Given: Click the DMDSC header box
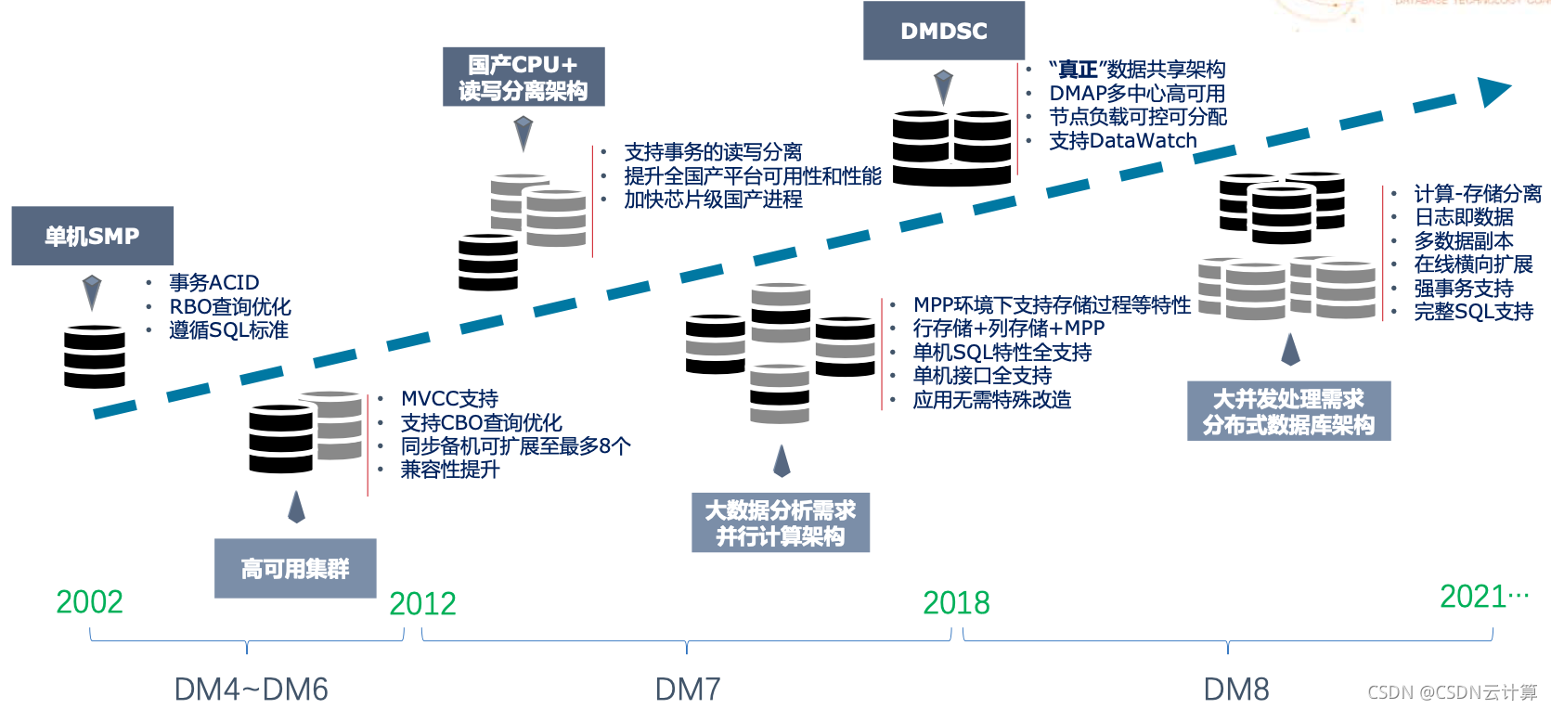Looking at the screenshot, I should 944,31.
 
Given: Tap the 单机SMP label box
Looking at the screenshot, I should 92,236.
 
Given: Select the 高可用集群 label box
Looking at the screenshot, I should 295,568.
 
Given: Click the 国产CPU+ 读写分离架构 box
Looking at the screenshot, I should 523,77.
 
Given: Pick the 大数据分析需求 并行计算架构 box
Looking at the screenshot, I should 781,522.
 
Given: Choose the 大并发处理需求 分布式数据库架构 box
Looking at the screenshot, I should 1288,411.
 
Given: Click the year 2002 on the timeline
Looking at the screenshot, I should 89,602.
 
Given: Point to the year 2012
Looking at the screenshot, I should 422,604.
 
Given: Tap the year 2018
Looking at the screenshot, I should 956,603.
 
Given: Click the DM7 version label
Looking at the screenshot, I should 688,690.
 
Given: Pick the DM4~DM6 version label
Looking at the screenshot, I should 251,690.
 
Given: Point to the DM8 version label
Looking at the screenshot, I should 1235,690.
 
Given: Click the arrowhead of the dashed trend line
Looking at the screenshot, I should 1493,91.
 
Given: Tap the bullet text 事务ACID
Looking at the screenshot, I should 213,282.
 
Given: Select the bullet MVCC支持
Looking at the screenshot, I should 449,399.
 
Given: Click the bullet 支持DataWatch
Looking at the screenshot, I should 1122,141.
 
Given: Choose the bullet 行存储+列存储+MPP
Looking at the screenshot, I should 1008,329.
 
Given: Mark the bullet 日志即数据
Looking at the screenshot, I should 1464,217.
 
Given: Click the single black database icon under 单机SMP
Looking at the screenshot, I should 94,356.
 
